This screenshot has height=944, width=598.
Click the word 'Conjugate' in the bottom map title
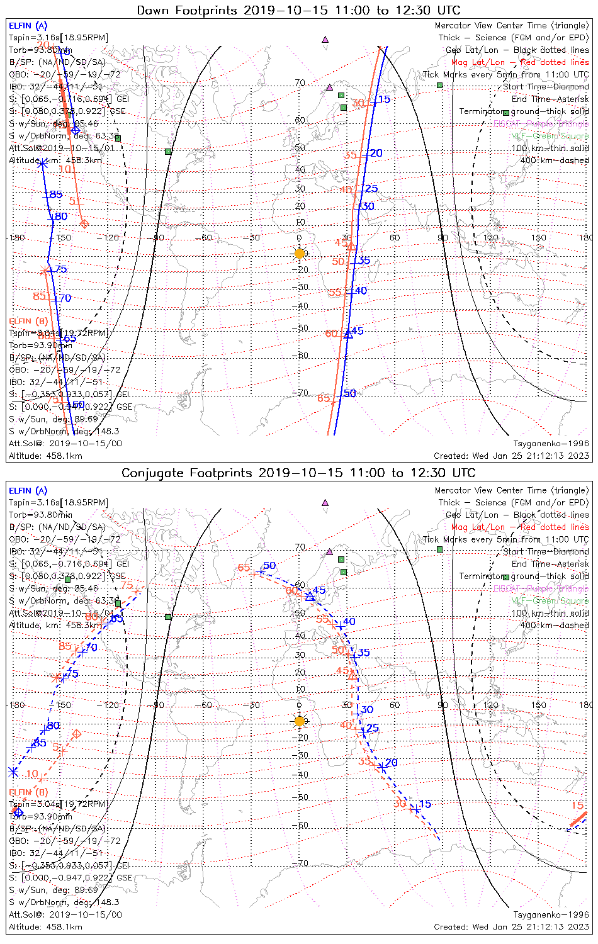click(150, 473)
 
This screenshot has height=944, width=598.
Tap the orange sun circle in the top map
click(300, 254)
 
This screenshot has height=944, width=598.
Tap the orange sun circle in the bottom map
click(300, 721)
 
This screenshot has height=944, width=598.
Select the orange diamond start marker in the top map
click(85, 223)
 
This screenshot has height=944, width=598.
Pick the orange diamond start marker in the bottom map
click(77, 734)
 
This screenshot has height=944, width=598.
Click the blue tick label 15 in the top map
click(384, 99)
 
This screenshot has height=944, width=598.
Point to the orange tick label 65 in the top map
click(324, 398)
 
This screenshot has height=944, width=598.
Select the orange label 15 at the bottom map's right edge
click(577, 806)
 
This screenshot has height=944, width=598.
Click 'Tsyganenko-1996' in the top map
click(551, 444)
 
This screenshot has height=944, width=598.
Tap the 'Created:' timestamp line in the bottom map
click(511, 926)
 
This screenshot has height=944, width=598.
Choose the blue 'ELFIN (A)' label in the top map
click(28, 26)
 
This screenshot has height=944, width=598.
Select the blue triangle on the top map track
click(348, 334)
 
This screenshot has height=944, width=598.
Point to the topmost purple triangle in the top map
click(325, 39)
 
